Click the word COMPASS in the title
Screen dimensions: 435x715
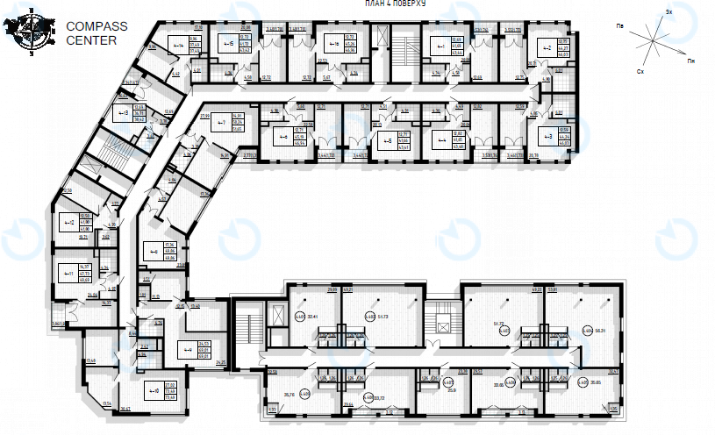[x=97, y=26]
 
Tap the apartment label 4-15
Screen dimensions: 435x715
[x=228, y=42]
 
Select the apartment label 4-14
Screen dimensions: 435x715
[x=178, y=44]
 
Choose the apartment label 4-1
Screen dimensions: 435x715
[x=439, y=46]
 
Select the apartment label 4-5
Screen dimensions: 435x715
[x=385, y=139]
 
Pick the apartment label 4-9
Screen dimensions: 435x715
[x=187, y=350]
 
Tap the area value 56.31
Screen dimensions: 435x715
[x=603, y=331]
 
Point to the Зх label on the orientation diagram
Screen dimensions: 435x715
[x=669, y=12]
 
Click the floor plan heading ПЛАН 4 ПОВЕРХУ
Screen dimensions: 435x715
[x=395, y=4]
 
